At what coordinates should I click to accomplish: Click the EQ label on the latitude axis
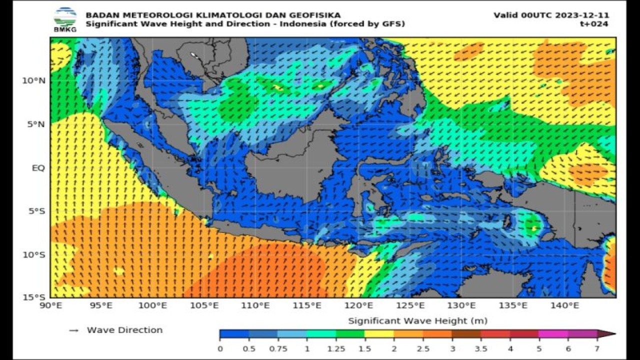[38, 167]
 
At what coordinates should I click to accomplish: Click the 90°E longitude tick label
[50, 305]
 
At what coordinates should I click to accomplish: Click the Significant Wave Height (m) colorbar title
[417, 320]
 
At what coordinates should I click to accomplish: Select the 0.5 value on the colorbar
[249, 348]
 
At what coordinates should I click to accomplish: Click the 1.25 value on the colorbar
[335, 348]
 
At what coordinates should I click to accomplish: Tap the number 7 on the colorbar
[597, 348]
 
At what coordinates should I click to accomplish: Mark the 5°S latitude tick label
[36, 211]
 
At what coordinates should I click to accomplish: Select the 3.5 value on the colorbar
[480, 348]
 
